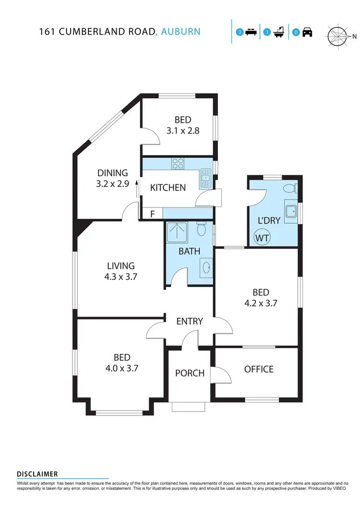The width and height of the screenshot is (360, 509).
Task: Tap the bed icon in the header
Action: point(251,33)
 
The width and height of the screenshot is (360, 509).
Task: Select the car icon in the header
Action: point(307,33)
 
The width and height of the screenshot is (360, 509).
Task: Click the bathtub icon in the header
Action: point(278,33)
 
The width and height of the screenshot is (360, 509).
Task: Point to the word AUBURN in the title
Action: point(181,32)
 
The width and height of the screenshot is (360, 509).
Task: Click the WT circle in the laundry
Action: point(262,237)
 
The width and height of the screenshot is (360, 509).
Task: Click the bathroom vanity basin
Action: point(206,268)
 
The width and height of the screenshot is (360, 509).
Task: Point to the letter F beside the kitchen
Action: point(152,214)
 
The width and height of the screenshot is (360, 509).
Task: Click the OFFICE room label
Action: point(259,369)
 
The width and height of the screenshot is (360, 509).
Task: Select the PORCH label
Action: point(190,373)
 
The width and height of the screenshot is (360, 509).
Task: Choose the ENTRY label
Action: point(190,321)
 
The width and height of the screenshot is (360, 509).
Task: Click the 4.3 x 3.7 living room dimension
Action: point(120,276)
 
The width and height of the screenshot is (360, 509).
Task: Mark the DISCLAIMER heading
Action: point(37,474)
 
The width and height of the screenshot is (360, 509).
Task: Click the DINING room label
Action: point(113,173)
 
